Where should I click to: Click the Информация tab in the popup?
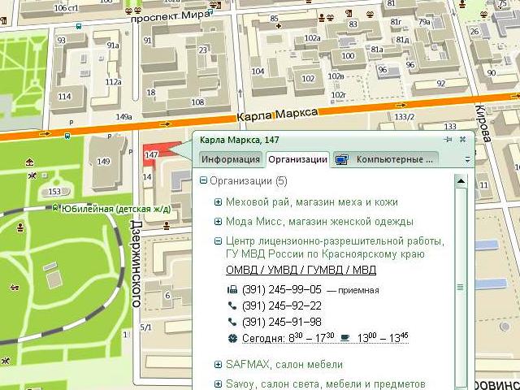click(x=231, y=159)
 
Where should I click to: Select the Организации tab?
click(x=297, y=159)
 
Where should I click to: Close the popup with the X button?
click(x=462, y=140)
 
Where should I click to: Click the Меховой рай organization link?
click(x=312, y=201)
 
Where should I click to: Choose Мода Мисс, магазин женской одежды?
click(x=319, y=221)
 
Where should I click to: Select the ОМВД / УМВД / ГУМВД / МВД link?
click(x=301, y=270)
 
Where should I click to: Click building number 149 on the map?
click(x=103, y=161)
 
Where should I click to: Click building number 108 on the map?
click(x=197, y=102)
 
